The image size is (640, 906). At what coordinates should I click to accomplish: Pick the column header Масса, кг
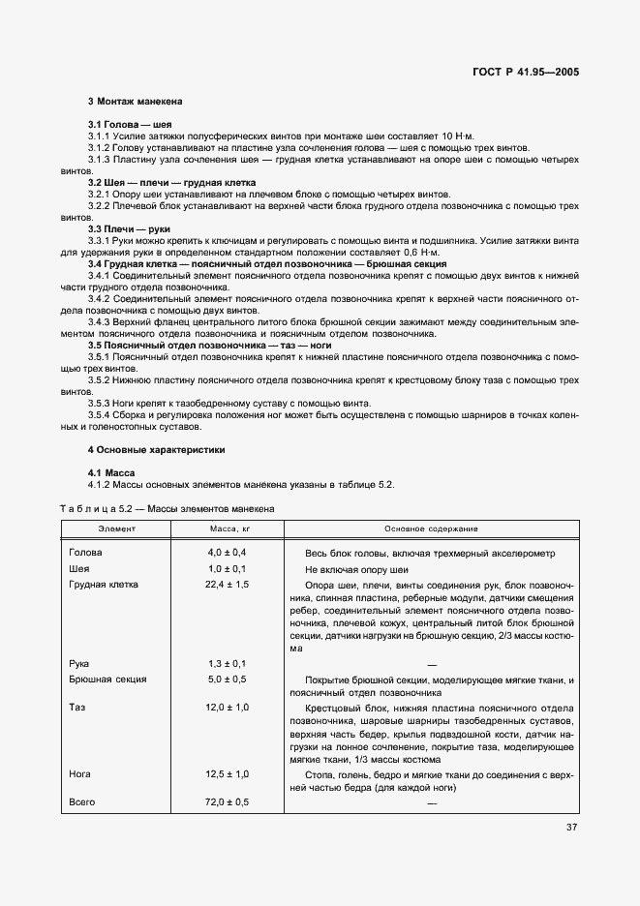tap(229, 529)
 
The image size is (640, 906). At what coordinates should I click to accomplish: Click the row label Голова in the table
tap(86, 552)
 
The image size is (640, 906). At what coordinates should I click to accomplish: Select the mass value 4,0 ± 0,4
tap(229, 552)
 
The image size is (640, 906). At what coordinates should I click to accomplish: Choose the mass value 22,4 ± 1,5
tap(228, 585)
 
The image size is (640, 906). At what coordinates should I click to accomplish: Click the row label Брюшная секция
tap(107, 679)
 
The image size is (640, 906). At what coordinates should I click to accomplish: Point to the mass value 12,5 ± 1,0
tap(228, 774)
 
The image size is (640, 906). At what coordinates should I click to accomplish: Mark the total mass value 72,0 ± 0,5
tap(228, 802)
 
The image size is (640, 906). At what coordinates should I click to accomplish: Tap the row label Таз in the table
tap(78, 708)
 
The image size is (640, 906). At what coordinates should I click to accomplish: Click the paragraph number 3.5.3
tap(103, 403)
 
